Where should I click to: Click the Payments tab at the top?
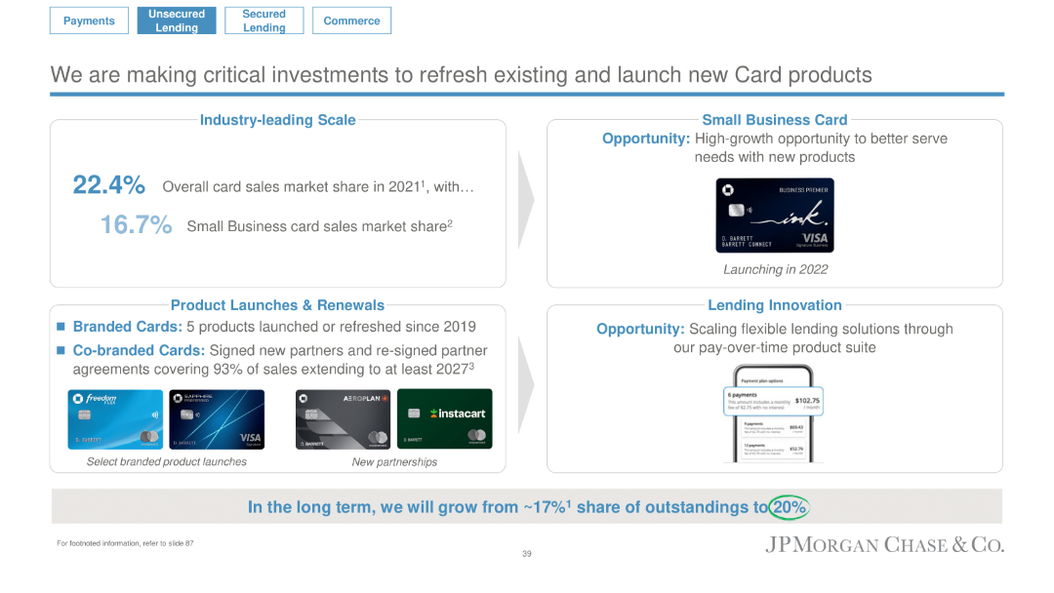tap(89, 20)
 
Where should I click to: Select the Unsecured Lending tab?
tap(177, 20)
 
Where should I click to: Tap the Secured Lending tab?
tap(263, 20)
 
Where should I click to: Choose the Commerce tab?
tap(351, 20)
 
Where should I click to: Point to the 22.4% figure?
tap(109, 185)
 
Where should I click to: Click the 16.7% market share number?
tap(136, 225)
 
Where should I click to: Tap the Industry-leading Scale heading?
tap(277, 120)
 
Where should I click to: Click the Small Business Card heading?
tap(775, 120)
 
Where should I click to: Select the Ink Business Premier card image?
tap(775, 216)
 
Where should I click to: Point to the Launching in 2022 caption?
tap(775, 269)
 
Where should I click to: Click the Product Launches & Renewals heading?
tap(277, 305)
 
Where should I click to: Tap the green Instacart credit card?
tap(444, 419)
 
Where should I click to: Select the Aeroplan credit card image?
tap(344, 419)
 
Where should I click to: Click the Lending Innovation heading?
tap(775, 305)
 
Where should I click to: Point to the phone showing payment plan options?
tap(773, 414)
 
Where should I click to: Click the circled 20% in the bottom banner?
tap(789, 507)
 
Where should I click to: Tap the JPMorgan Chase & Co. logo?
tap(884, 545)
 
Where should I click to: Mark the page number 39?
tap(527, 554)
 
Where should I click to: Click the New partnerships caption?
tap(394, 461)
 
